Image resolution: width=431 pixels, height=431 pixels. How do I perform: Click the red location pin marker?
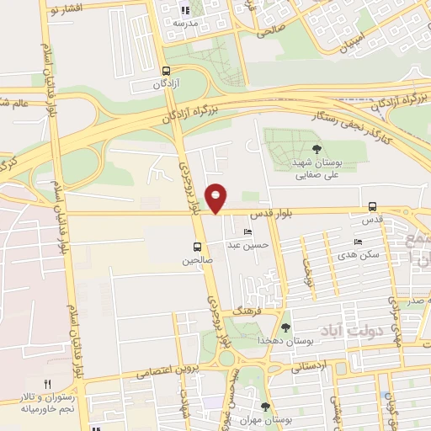tap(216, 197)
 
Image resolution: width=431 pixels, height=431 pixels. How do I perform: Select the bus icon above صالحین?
tap(197, 247)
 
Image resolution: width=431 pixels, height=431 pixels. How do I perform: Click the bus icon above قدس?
tap(372, 206)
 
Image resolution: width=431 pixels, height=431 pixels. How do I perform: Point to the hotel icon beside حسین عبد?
tap(247, 232)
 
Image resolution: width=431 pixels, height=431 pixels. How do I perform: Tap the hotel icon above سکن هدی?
tap(359, 242)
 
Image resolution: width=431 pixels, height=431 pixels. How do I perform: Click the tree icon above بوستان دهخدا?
tap(286, 327)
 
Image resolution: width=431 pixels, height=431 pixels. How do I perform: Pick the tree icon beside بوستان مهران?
tap(266, 407)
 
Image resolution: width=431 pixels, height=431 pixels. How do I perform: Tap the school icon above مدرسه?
tap(185, 11)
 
